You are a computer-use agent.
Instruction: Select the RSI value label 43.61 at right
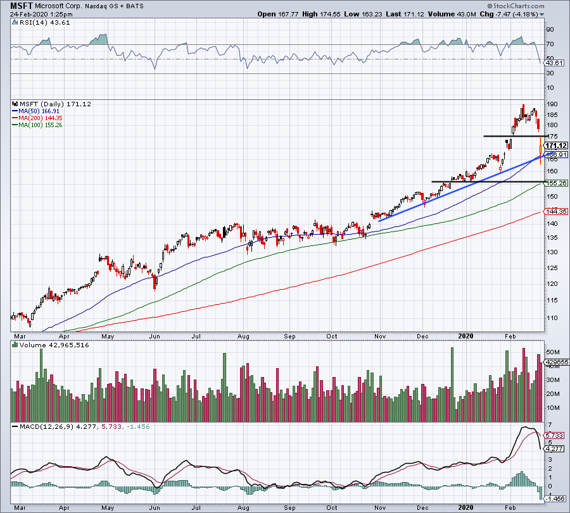pos(554,63)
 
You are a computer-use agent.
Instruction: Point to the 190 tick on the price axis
pos(552,104)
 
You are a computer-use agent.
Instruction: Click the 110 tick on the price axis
pos(552,318)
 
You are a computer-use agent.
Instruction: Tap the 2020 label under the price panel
pos(465,335)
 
